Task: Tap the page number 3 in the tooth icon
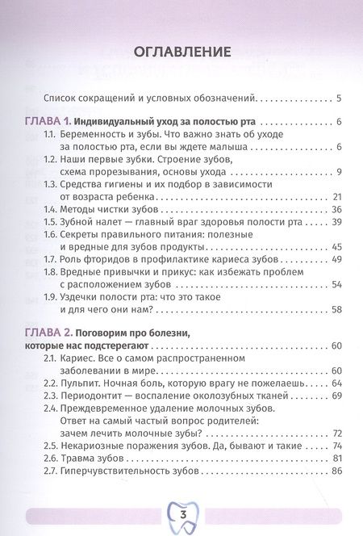pyautogui.click(x=181, y=513)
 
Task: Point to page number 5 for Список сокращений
pyautogui.click(x=340, y=98)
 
